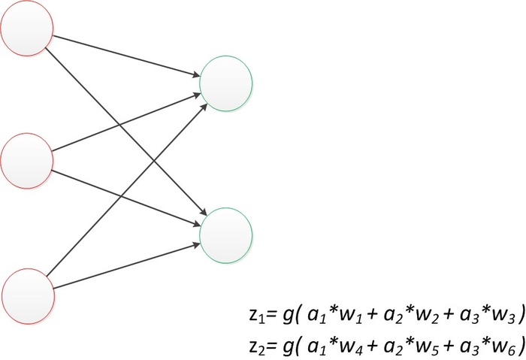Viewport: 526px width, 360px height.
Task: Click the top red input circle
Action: click(27, 35)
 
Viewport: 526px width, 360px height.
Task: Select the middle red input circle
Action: click(27, 159)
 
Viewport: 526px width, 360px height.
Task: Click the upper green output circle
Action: click(226, 81)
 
